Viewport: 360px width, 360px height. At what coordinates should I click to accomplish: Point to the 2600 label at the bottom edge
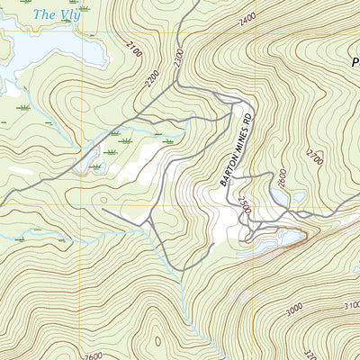(x=91, y=355)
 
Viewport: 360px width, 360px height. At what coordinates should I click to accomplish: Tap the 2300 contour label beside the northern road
(x=178, y=58)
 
